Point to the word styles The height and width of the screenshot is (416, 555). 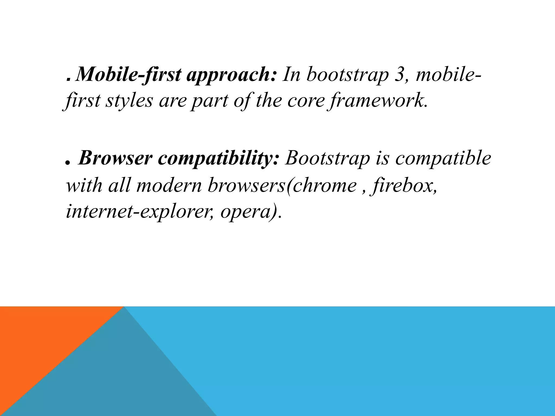click(x=129, y=101)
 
